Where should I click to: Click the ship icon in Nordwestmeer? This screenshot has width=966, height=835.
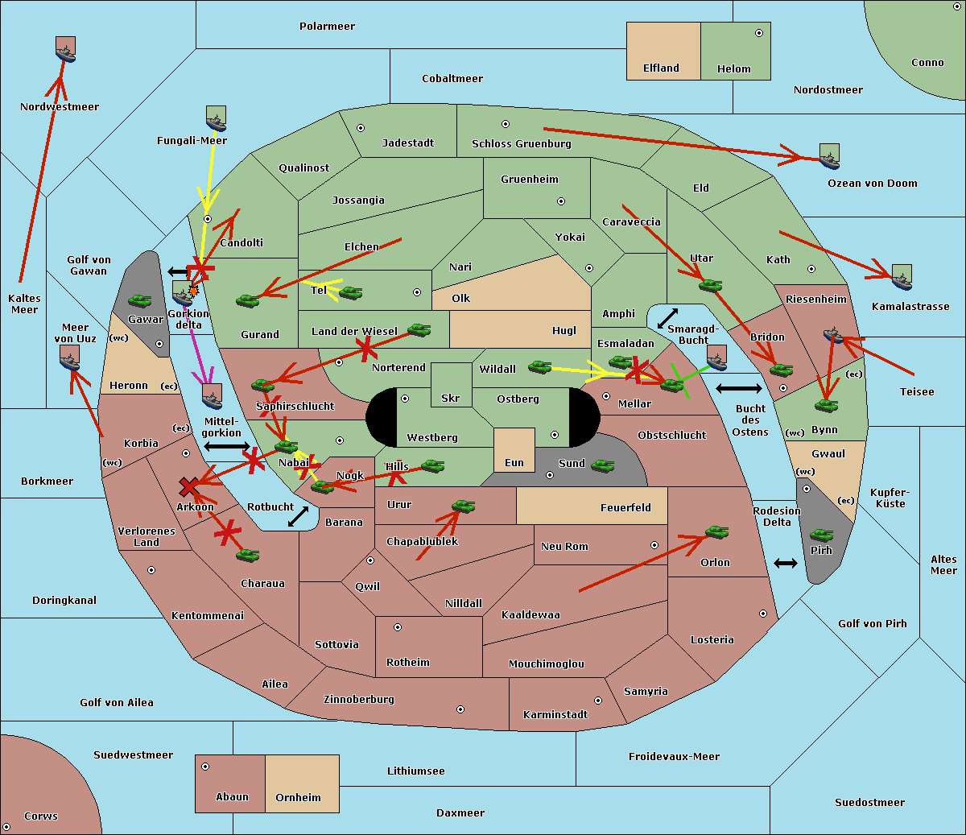point(65,50)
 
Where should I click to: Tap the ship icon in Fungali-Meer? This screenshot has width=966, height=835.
point(216,118)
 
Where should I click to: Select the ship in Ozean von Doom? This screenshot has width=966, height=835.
point(829,156)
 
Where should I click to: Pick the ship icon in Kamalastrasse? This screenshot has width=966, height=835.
point(902,277)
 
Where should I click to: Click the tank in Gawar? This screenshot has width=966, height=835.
point(140,300)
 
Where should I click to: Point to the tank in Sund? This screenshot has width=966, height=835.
point(602,465)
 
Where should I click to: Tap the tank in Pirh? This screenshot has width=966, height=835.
point(821,535)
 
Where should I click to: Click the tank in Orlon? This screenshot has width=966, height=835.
point(717,532)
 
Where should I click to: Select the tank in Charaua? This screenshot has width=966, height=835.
point(247,555)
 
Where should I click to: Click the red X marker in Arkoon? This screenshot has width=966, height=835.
point(189,486)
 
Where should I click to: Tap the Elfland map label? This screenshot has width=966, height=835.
point(661,68)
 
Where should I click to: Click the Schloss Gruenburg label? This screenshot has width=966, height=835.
point(522,143)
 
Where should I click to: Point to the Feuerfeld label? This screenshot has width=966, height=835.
point(625,507)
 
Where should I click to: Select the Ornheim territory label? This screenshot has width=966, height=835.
point(298,797)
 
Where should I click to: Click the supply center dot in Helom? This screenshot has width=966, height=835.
point(759,33)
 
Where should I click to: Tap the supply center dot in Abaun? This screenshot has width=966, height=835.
point(205,767)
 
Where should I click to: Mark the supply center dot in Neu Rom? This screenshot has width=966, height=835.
point(654,545)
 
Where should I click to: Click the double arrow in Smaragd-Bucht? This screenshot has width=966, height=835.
point(667,318)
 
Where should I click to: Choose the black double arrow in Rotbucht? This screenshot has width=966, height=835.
point(298,517)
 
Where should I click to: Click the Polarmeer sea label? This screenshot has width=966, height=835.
point(327,27)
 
